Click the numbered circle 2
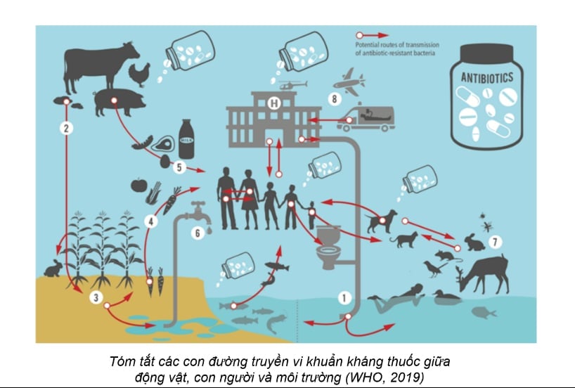click(66, 128)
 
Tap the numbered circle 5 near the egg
click(179, 167)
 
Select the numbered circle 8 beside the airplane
click(334, 98)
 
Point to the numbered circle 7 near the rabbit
click(495, 242)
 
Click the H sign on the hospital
click(274, 103)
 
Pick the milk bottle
click(186, 138)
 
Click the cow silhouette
click(101, 66)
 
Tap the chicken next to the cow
click(140, 75)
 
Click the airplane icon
click(349, 82)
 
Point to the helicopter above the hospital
click(292, 85)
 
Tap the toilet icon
click(329, 247)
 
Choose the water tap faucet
click(198, 212)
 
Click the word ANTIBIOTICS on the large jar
click(486, 77)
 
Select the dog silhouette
click(382, 221)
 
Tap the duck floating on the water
click(446, 297)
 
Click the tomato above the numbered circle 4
click(139, 185)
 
